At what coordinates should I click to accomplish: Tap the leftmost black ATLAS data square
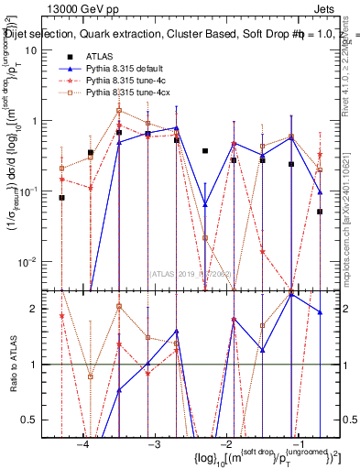pyautogui.click(x=62, y=197)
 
